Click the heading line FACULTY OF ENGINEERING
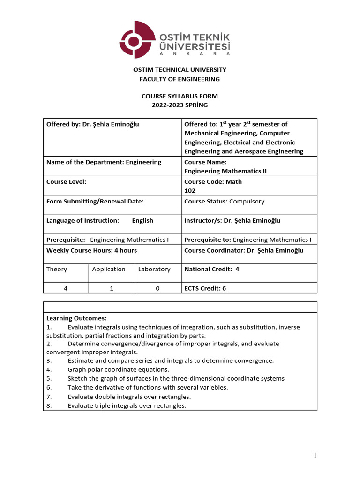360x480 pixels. pyautogui.click(x=180, y=79)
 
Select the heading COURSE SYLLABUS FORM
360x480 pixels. pyautogui.click(x=180, y=96)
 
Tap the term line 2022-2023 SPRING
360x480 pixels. pyautogui.click(x=180, y=105)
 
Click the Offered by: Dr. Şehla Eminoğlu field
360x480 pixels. pyautogui.click(x=92, y=124)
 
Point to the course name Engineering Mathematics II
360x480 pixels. pyautogui.click(x=225, y=171)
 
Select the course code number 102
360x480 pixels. pyautogui.click(x=190, y=191)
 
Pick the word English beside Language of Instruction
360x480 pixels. pyautogui.click(x=142, y=220)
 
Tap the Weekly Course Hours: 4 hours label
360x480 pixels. pyautogui.click(x=91, y=250)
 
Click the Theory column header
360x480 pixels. pyautogui.click(x=57, y=269)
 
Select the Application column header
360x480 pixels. pyautogui.click(x=109, y=269)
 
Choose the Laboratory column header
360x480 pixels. pyautogui.click(x=154, y=269)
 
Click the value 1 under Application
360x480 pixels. pyautogui.click(x=112, y=288)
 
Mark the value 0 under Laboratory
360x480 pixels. pyautogui.click(x=157, y=288)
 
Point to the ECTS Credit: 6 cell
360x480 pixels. pyautogui.click(x=205, y=288)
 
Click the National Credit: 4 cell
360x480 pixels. pyautogui.click(x=211, y=269)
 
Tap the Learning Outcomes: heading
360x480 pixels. pyautogui.click(x=76, y=318)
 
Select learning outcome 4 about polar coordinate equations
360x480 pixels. pyautogui.click(x=118, y=369)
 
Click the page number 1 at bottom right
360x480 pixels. pyautogui.click(x=316, y=455)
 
